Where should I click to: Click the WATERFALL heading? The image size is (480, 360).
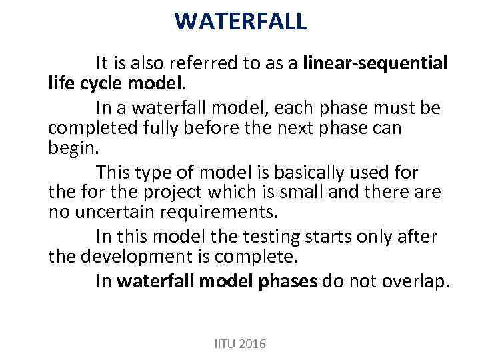click(241, 21)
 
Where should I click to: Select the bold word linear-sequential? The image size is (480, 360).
click(375, 63)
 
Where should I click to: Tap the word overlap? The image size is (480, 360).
click(414, 281)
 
